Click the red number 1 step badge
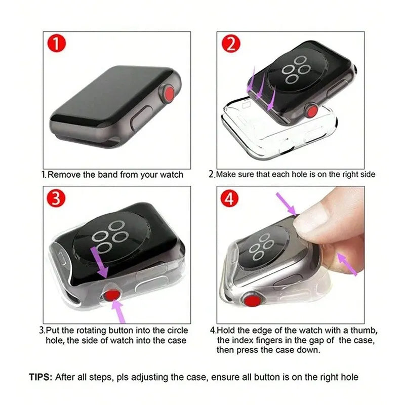coord(57,43)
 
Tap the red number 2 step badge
coord(231,44)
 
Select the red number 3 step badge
coord(56,198)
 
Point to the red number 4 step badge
coord(229,199)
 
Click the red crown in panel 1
coord(170,93)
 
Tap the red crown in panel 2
coord(312,111)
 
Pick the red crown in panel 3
coord(111,296)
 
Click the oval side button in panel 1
coord(142,117)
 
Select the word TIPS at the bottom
coord(40,377)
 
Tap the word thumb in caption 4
coord(364,331)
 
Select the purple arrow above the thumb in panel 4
coord(287,204)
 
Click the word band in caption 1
coord(108,175)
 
